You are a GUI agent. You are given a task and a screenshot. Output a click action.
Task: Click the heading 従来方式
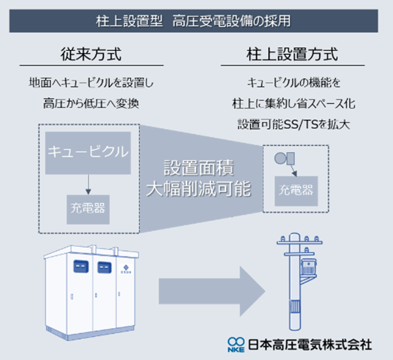click(91, 54)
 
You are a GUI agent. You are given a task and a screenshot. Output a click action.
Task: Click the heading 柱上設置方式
click(292, 54)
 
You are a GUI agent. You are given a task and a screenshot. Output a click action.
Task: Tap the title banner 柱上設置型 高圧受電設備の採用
click(194, 21)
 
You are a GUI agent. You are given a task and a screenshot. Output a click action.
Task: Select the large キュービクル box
click(88, 152)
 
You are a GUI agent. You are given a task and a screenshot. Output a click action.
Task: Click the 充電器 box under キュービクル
click(87, 209)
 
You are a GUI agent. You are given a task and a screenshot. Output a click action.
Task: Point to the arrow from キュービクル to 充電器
click(88, 184)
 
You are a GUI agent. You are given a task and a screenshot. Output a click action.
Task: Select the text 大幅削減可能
click(199, 190)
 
